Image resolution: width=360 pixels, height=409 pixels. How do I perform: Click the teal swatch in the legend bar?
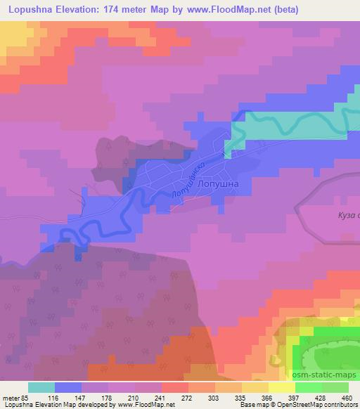tap(41, 387)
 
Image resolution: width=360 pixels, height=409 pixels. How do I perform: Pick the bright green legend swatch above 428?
tap(308, 387)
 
